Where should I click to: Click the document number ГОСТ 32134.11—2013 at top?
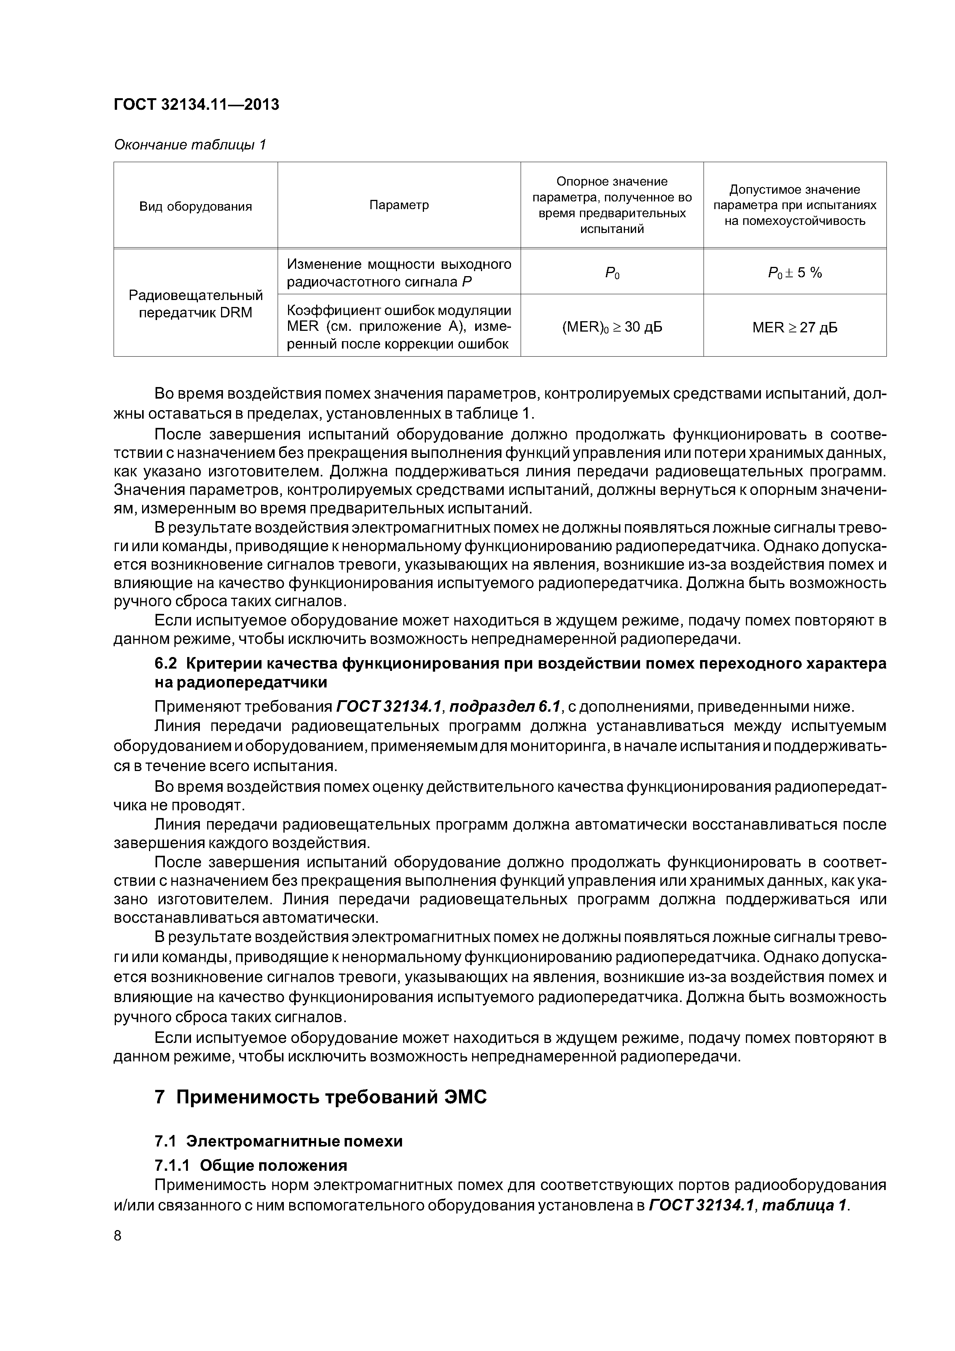[x=196, y=105]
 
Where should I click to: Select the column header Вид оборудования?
[x=195, y=206]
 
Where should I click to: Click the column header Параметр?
[x=399, y=205]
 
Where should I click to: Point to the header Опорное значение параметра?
[x=612, y=205]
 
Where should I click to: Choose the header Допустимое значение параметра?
[x=794, y=205]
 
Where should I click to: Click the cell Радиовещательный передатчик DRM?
[x=195, y=303]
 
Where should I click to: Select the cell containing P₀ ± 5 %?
[x=794, y=272]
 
